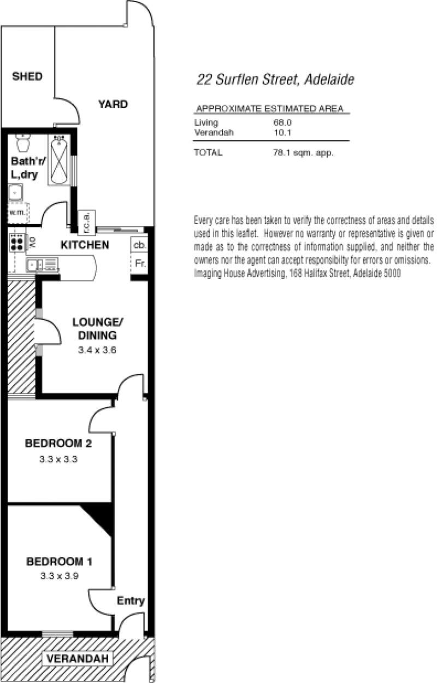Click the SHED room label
pos(27,76)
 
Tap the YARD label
pos(113,104)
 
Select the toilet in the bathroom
pos(22,143)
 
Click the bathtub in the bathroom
pos(59,160)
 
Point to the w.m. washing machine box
pos(18,213)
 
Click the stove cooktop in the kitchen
pos(17,243)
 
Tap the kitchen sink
pos(43,264)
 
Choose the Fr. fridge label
pos(140,263)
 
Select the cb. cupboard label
pos(140,245)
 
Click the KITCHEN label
pos(85,245)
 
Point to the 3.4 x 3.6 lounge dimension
pos(97,350)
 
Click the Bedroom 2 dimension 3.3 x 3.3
pos(58,459)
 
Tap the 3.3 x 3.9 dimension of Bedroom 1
pos(60,576)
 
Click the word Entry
pos(131,601)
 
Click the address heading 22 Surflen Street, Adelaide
pos(275,80)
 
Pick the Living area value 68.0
pos(282,122)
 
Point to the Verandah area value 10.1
pos(282,133)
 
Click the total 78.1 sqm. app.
pos(303,152)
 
